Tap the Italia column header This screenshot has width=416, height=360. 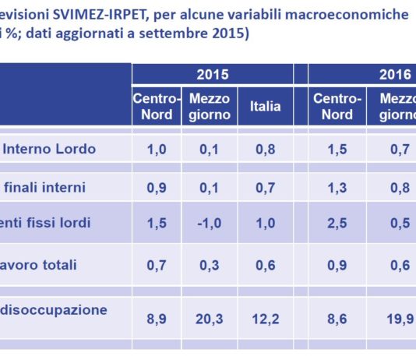click(x=266, y=107)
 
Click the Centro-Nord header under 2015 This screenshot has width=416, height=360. click(x=157, y=107)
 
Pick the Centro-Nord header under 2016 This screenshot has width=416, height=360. click(x=337, y=107)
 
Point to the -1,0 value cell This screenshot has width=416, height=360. click(x=210, y=223)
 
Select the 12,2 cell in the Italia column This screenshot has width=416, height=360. click(x=266, y=319)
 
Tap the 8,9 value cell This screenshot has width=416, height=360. click(x=157, y=319)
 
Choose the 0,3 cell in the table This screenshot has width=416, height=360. click(x=210, y=265)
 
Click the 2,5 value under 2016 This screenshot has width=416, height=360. click(x=337, y=223)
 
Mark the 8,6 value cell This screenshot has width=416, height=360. click(x=337, y=319)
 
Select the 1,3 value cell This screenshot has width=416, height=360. click(x=337, y=187)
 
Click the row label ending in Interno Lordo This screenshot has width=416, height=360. click(x=49, y=150)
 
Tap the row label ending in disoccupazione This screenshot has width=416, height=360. click(x=55, y=309)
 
